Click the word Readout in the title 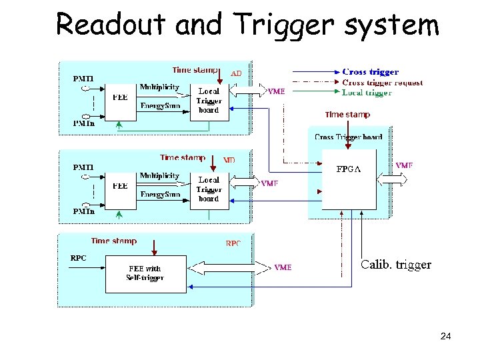tap(111, 25)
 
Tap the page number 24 tap(445, 336)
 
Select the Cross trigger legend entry tap(370, 72)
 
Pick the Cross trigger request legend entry tap(382, 83)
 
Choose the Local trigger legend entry tap(367, 93)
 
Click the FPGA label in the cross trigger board tap(348, 169)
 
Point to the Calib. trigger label tap(396, 265)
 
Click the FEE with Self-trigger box tap(145, 273)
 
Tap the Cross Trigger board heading tap(349, 137)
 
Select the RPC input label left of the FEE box tap(79, 257)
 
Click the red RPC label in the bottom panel tap(233, 244)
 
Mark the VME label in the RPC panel tap(283, 267)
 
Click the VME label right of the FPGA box tap(404, 165)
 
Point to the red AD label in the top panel tap(236, 73)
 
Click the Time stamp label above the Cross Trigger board tap(347, 115)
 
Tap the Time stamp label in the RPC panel tap(114, 241)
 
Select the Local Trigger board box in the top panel tap(209, 101)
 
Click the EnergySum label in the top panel tap(160, 105)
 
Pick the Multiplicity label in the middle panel tap(159, 176)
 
